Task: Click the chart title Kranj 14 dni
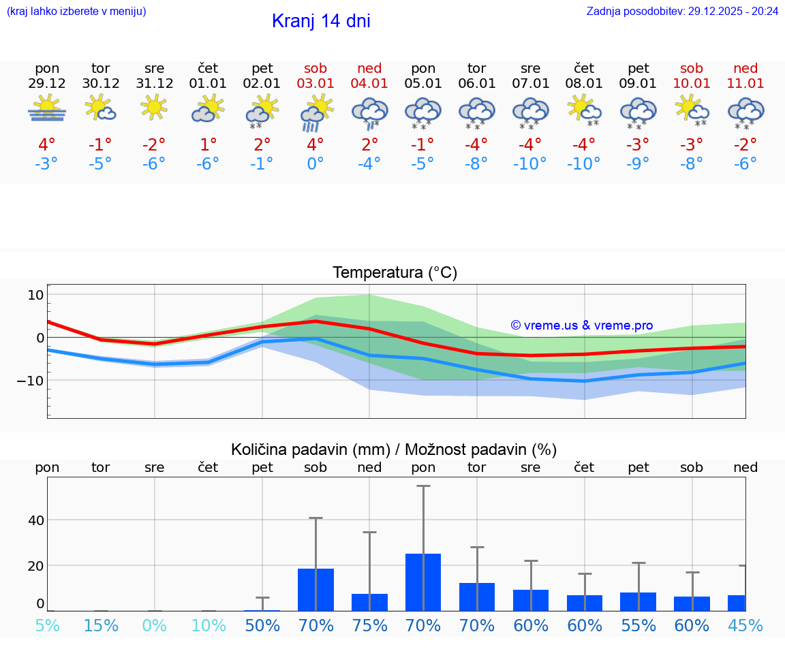321,21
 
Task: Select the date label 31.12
155,83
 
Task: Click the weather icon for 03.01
315,112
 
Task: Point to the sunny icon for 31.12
155,108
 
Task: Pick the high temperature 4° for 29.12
47,144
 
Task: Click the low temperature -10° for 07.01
530,163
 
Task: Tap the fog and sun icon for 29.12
47,109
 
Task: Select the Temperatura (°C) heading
395,273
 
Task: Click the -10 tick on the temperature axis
31,380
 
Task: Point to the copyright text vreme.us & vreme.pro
582,326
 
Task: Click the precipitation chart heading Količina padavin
394,449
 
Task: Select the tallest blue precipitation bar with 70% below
423,582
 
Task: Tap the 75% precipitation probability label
369,625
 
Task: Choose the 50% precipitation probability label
262,625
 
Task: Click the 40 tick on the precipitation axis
35,520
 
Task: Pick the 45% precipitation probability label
745,625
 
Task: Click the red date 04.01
369,83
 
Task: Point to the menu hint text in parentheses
76,11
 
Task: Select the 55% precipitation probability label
638,625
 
